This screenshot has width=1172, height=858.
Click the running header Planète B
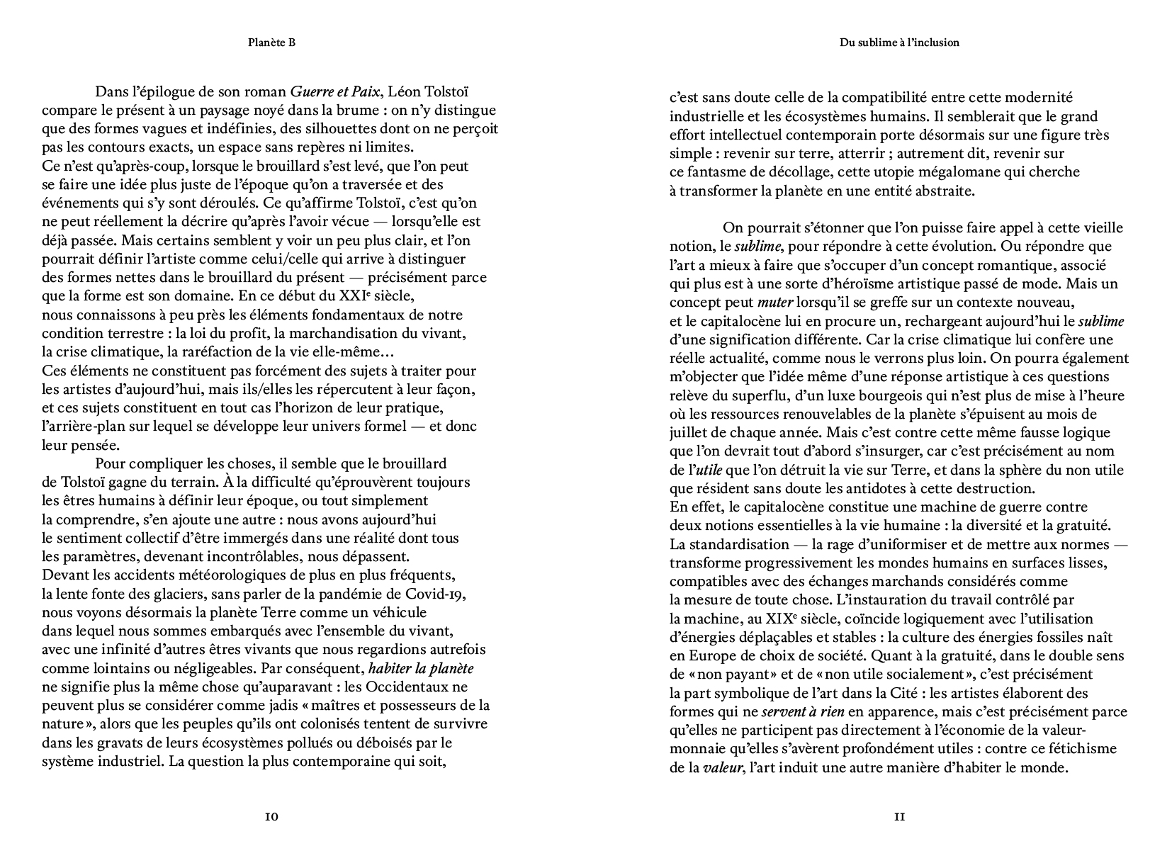[x=271, y=43]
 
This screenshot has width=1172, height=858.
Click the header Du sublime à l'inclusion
[x=899, y=43]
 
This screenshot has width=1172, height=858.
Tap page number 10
[x=271, y=817]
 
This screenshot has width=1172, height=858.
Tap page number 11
[x=899, y=817]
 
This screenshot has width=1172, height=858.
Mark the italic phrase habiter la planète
[x=421, y=668]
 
